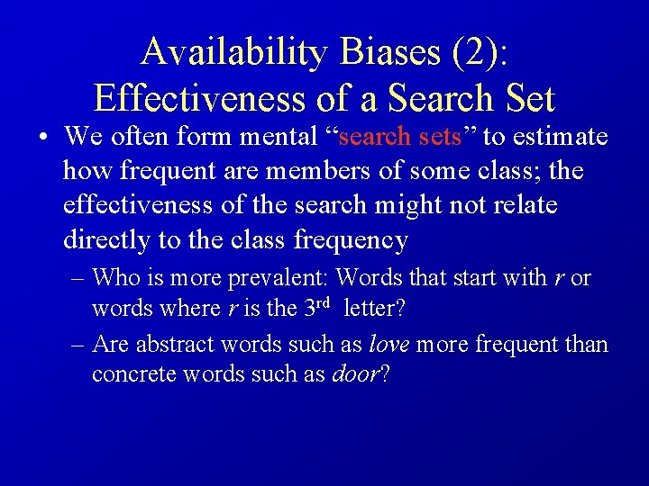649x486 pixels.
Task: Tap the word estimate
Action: pos(563,137)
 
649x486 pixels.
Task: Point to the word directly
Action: pos(105,240)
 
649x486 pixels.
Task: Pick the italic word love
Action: pos(387,344)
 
